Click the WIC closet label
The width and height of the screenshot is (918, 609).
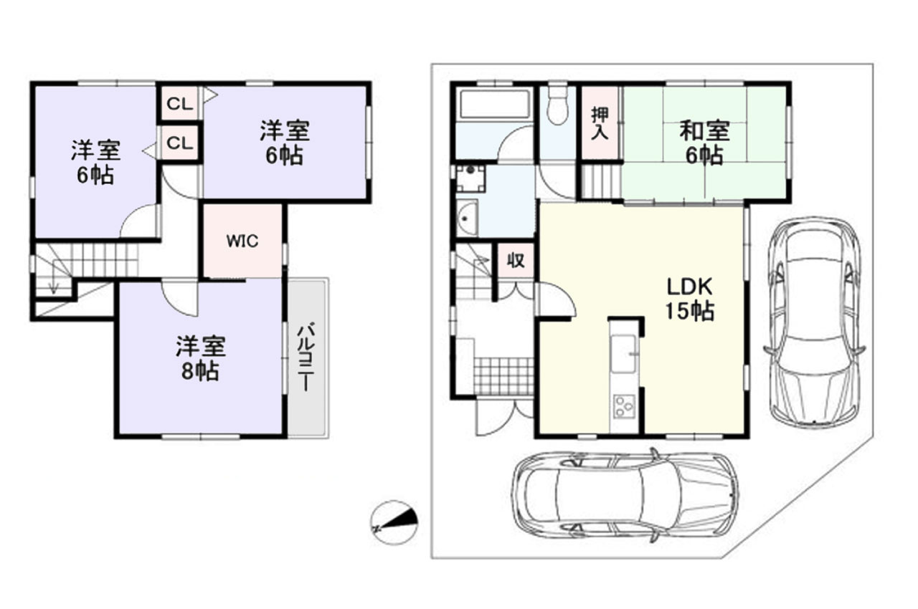tap(242, 241)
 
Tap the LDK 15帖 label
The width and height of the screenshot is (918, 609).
tap(690, 299)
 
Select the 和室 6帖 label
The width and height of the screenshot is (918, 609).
tap(704, 143)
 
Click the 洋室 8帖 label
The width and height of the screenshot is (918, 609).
tap(200, 359)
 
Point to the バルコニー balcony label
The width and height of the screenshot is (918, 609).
tap(306, 357)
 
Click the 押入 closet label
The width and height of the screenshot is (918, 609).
tap(600, 123)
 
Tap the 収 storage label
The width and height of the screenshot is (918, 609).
tap(516, 260)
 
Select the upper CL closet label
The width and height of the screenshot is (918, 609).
tap(180, 105)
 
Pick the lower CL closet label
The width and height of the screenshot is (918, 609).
tap(180, 144)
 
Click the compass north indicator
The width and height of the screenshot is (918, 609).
tap(394, 523)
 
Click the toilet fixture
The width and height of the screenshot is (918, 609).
tap(557, 105)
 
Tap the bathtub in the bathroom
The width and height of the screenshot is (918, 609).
tap(495, 105)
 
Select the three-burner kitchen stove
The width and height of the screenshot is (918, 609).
tap(624, 406)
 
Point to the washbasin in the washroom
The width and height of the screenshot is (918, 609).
tap(467, 218)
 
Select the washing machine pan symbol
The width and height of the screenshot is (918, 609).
tap(471, 179)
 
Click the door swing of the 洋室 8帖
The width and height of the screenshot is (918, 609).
tap(179, 297)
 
